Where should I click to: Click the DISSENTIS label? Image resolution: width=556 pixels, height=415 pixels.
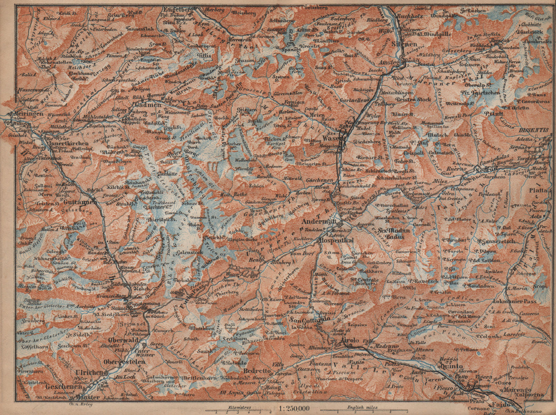tap(534, 130)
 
